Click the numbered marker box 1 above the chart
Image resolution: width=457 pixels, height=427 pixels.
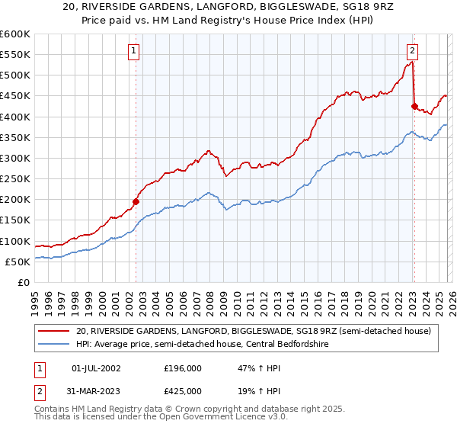[133, 51]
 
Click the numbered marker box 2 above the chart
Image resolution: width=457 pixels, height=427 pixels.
[412, 51]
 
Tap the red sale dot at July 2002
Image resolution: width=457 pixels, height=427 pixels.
[136, 201]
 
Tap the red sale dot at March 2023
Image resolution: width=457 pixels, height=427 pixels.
[414, 107]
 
